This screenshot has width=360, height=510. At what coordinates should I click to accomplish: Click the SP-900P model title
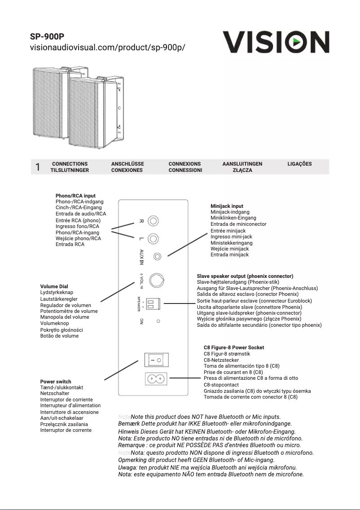click(48, 36)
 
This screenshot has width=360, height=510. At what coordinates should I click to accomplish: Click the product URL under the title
click(107, 48)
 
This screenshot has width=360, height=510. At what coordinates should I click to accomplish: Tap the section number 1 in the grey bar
click(38, 167)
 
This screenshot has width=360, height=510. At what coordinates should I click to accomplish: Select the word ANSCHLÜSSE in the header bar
click(127, 164)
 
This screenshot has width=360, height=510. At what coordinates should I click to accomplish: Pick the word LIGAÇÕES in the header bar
click(299, 164)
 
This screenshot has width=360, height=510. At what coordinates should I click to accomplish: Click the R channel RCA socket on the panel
click(154, 221)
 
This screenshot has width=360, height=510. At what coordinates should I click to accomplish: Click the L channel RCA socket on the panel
click(154, 239)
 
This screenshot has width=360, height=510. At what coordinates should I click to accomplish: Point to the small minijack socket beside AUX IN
click(157, 256)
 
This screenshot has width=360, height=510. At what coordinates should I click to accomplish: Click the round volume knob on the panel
click(157, 280)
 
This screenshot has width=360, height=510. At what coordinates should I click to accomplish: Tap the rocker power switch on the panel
click(156, 360)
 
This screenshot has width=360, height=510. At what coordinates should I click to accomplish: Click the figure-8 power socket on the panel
click(156, 379)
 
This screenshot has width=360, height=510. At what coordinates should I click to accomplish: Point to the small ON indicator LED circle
click(158, 321)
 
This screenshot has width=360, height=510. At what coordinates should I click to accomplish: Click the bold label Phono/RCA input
click(75, 196)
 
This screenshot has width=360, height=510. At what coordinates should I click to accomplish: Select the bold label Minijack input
click(227, 206)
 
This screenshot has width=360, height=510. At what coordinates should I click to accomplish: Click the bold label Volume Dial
click(54, 286)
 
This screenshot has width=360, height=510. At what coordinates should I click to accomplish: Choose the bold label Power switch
click(56, 382)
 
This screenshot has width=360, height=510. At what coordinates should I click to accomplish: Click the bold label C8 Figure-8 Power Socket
click(234, 347)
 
